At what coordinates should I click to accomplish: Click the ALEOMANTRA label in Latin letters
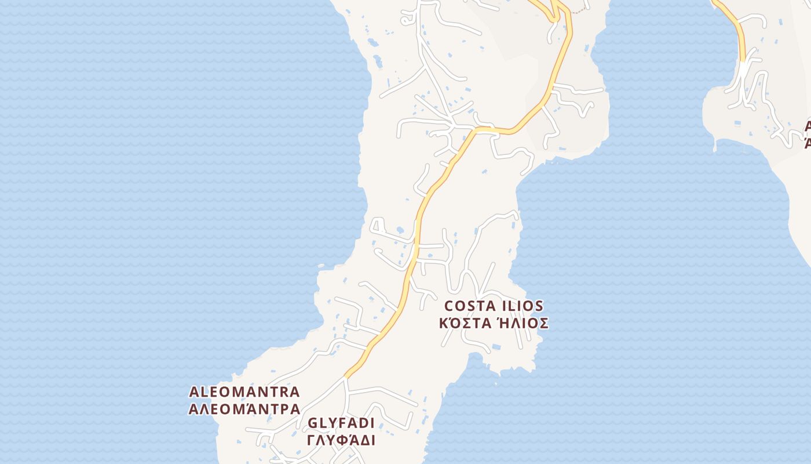[244, 392]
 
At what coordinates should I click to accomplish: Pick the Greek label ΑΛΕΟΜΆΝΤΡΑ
[244, 409]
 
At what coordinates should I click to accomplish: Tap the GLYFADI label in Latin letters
[341, 423]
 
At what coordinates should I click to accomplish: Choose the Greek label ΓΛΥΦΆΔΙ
[341, 440]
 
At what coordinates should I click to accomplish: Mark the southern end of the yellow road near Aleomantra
[346, 376]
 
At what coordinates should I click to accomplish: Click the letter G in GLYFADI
[313, 423]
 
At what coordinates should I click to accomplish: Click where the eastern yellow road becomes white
[743, 61]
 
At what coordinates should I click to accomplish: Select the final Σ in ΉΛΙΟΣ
[543, 323]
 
